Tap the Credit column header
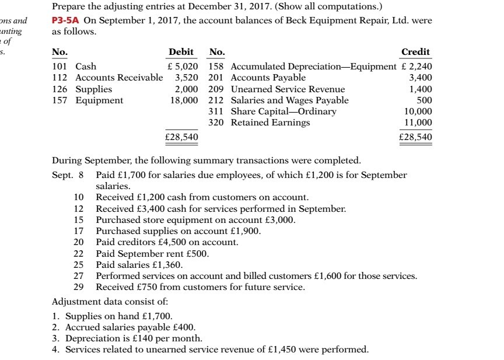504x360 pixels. pyautogui.click(x=415, y=53)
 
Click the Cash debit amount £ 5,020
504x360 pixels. pyautogui.click(x=181, y=67)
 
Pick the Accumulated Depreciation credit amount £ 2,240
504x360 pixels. pyautogui.click(x=416, y=67)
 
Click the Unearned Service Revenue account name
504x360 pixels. pyautogui.click(x=288, y=89)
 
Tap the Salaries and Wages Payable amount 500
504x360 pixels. pyautogui.click(x=424, y=100)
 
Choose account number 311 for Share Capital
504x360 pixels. pyautogui.click(x=218, y=111)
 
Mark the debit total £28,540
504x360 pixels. pyautogui.click(x=181, y=137)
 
